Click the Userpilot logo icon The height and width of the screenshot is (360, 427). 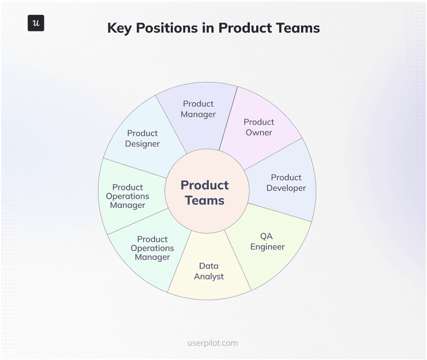click(x=36, y=23)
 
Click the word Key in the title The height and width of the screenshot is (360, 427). click(x=120, y=28)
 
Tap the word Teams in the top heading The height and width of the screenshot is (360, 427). click(x=297, y=28)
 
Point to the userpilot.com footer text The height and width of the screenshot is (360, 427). click(x=213, y=343)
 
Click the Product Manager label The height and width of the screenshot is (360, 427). click(x=198, y=109)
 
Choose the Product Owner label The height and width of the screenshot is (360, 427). click(x=259, y=127)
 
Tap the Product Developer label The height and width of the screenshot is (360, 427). click(x=286, y=182)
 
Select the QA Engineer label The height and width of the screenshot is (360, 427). click(x=267, y=241)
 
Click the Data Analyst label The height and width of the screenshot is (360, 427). click(x=209, y=271)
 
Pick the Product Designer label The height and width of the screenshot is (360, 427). click(x=143, y=138)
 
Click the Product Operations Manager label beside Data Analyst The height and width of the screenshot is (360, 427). click(x=152, y=248)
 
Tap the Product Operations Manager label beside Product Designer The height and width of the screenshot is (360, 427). click(x=128, y=196)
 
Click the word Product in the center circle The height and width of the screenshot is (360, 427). click(x=204, y=185)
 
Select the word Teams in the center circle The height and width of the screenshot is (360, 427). click(x=204, y=201)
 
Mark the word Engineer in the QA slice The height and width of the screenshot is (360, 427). click(x=267, y=246)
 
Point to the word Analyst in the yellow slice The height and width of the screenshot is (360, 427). click(x=209, y=276)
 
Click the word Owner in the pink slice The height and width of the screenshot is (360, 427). click(x=259, y=132)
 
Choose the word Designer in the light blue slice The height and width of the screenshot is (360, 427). click(x=143, y=143)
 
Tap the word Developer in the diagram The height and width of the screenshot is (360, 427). click(x=286, y=188)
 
